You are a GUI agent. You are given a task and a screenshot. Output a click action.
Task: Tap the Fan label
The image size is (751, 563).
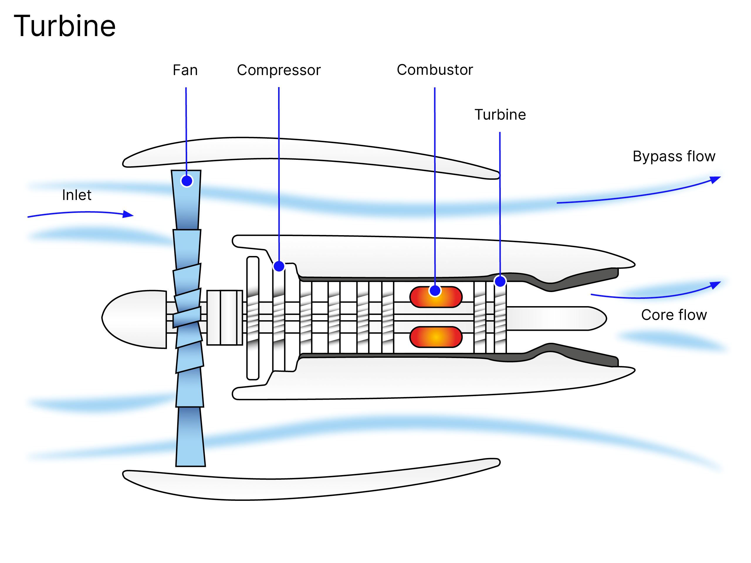pyautogui.click(x=185, y=70)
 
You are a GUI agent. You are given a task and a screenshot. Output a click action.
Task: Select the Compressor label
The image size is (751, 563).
pyautogui.click(x=278, y=70)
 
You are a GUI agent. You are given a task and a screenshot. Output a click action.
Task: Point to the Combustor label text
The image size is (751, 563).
pyautogui.click(x=434, y=70)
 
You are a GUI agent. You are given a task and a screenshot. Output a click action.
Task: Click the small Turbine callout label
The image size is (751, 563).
pyautogui.click(x=500, y=115)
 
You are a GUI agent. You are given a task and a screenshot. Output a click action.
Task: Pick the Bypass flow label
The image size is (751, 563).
pyautogui.click(x=674, y=157)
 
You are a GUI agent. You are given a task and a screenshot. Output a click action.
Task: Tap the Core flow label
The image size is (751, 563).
pyautogui.click(x=674, y=315)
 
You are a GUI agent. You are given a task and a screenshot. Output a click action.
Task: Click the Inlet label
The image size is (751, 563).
pyautogui.click(x=77, y=195)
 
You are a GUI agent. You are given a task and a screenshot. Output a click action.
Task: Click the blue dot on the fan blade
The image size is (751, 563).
pyautogui.click(x=187, y=181)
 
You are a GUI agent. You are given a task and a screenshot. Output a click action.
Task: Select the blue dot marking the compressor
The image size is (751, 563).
pyautogui.click(x=279, y=266)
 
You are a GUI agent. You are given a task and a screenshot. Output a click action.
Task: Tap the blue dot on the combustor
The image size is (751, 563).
pyautogui.click(x=435, y=291)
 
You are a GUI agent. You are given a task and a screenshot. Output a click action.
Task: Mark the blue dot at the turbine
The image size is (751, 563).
pyautogui.click(x=500, y=281)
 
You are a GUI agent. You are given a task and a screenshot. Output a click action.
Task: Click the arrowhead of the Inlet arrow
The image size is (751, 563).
pyautogui.click(x=129, y=214)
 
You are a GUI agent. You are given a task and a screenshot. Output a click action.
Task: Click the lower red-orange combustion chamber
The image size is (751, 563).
pyautogui.click(x=436, y=337)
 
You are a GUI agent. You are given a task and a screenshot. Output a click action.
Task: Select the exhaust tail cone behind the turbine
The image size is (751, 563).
pyautogui.click(x=557, y=318)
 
